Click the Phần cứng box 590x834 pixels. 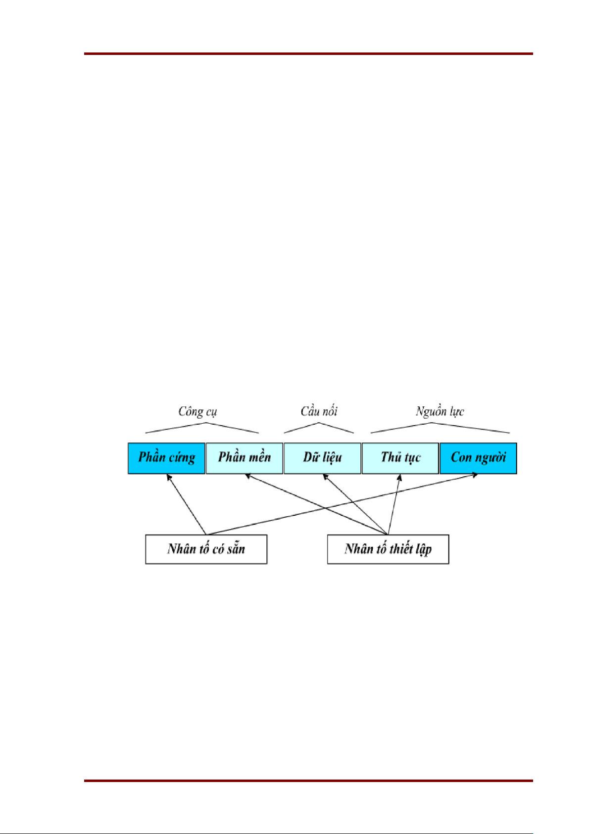(166, 458)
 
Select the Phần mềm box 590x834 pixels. (244, 458)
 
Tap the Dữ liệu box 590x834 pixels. (322, 458)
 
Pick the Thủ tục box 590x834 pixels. (400, 458)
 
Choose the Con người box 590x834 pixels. (478, 458)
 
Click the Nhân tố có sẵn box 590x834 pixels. (206, 549)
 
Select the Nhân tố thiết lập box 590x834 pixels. (388, 549)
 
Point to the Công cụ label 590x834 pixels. (197, 411)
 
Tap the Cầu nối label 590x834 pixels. (319, 411)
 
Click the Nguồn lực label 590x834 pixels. (440, 411)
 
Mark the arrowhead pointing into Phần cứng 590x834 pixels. (169, 477)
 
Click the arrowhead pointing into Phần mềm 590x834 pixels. (248, 476)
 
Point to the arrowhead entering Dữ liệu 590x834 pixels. (325, 477)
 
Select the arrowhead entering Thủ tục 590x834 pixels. (399, 477)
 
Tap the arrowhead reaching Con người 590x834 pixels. (475, 475)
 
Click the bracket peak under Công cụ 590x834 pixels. (206, 423)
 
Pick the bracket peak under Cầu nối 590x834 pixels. (319, 423)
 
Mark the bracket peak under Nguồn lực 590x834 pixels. (432, 423)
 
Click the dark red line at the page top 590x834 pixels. (308, 53)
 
